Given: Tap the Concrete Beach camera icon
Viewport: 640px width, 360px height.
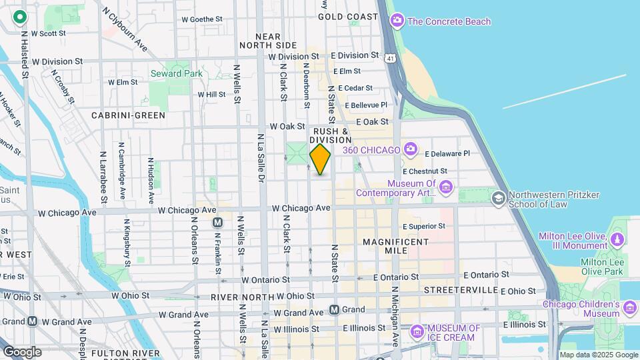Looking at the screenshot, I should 397,21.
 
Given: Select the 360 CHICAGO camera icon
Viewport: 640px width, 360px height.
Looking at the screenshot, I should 410,149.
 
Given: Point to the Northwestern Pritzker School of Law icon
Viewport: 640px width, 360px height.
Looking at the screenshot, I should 498,198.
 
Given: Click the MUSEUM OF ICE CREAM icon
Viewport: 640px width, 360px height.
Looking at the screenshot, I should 417,330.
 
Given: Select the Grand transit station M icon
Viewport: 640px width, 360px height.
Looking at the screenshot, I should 335,310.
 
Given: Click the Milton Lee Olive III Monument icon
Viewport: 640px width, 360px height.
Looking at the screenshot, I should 618,238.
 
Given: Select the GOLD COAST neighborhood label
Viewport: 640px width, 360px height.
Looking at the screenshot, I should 348,16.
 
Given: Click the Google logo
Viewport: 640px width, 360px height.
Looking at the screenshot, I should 22,351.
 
